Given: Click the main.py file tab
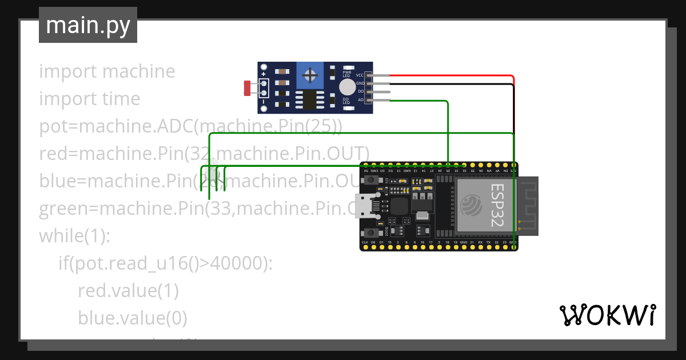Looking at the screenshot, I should point(87,25).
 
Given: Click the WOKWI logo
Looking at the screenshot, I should point(607,315).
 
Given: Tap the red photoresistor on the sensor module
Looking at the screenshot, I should point(248,88).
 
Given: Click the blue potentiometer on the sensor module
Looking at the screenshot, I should point(310,75).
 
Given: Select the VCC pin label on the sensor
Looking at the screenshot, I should point(360,75).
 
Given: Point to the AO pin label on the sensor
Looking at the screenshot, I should point(360,99).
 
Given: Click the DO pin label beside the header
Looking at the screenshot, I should point(360,91).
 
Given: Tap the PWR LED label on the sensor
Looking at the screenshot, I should point(346,74).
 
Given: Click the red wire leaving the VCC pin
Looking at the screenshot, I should point(452,75).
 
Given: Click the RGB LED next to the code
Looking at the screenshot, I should point(215,172).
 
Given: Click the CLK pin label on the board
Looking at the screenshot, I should point(365,243).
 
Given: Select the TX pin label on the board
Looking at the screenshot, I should point(488,243).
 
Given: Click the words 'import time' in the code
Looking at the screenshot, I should point(89,99).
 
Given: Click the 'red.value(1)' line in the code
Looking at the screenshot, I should point(128,291).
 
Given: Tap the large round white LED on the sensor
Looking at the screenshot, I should point(346,87).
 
